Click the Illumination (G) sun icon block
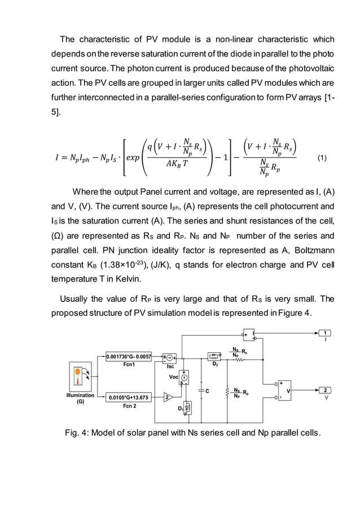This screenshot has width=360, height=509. tap(80, 379)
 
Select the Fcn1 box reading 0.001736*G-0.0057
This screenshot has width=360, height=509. tap(128, 357)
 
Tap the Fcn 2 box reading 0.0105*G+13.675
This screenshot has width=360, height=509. tap(128, 397)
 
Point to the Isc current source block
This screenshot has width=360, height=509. tap(170, 357)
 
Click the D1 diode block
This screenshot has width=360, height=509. tap(188, 406)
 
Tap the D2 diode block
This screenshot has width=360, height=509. tap(214, 356)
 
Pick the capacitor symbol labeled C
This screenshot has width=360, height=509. tap(203, 390)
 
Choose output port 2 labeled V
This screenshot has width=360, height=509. tap(326, 390)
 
